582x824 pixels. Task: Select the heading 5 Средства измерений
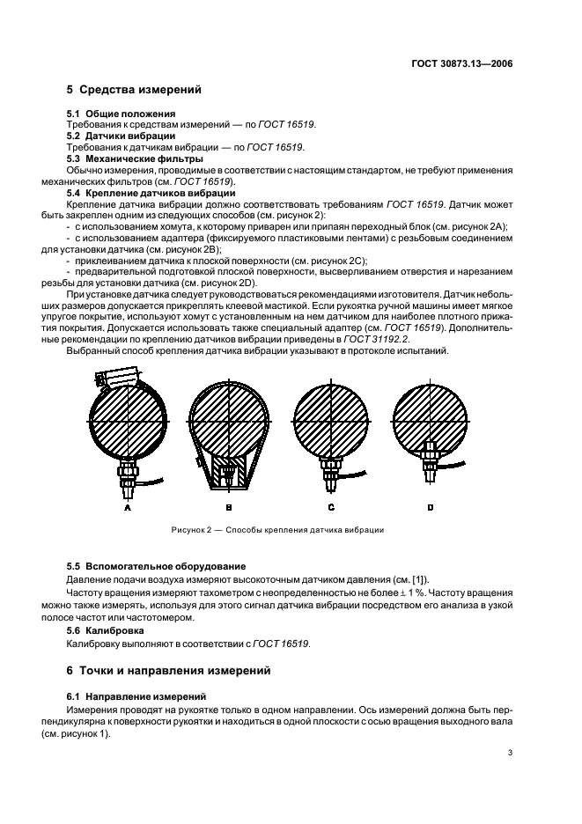134,90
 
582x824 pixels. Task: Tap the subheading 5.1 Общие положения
122,114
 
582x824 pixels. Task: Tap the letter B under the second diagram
228,508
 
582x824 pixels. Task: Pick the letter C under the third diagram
331,508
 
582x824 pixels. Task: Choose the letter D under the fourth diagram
431,508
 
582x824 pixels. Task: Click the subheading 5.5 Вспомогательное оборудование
157,565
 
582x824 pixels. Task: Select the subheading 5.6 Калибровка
109,632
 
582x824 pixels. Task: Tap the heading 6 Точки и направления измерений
178,670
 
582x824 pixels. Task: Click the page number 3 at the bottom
510,753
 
